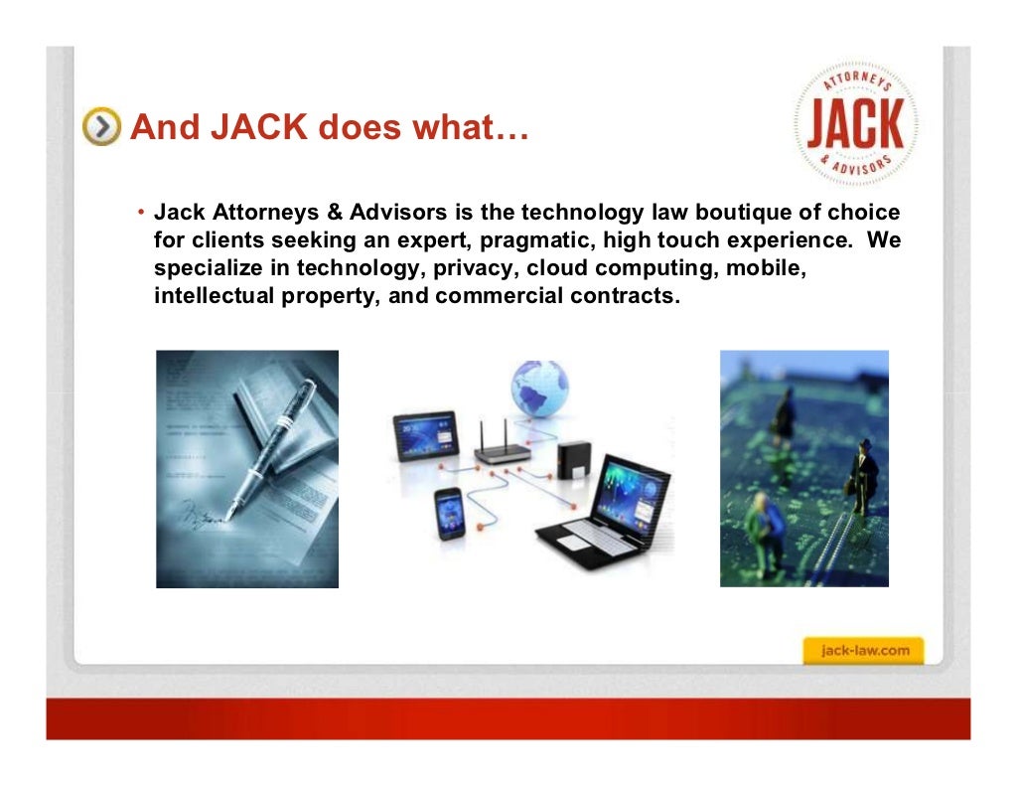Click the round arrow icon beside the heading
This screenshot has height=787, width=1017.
(x=102, y=127)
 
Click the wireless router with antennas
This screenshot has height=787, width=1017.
(x=503, y=447)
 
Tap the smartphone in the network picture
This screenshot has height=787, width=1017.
(x=448, y=512)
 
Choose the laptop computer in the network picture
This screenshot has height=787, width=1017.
(x=606, y=507)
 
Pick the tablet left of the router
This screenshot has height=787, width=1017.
(x=425, y=435)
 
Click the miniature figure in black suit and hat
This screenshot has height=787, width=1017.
(x=863, y=477)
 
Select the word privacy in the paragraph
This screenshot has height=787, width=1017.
(x=475, y=268)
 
